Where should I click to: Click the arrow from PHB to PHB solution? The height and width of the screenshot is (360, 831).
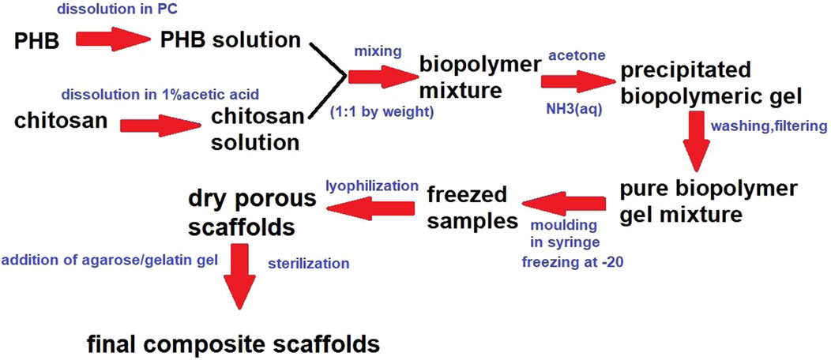113,39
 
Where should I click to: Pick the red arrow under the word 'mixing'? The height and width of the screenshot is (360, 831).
379,77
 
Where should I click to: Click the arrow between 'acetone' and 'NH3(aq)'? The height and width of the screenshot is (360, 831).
576,81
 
